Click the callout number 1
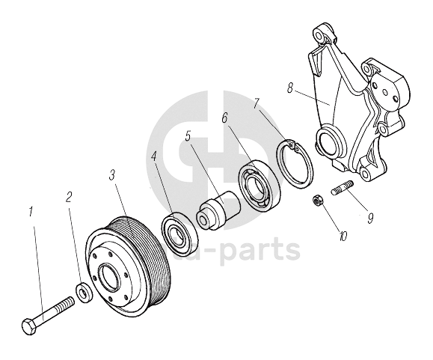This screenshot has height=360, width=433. click(x=31, y=212)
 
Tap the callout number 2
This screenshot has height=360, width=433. click(x=69, y=196)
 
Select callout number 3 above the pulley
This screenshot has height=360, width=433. click(x=111, y=174)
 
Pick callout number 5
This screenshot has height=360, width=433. click(x=188, y=136)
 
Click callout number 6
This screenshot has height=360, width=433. click(x=224, y=118)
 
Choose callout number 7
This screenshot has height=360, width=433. click(x=257, y=103)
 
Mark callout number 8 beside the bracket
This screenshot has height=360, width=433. click(x=289, y=88)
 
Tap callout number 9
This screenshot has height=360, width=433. click(x=370, y=211)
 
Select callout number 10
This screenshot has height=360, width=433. click(x=343, y=236)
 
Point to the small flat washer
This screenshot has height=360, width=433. click(x=83, y=293)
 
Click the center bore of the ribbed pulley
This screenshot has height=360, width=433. click(x=111, y=278)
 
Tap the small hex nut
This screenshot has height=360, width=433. click(x=317, y=201)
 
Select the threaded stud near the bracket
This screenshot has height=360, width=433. click(x=342, y=188)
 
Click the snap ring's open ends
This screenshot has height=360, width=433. click(x=294, y=145)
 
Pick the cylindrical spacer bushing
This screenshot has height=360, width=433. click(x=218, y=210)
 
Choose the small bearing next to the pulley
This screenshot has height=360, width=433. click(x=179, y=233)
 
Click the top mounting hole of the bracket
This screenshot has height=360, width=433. click(x=320, y=35)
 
